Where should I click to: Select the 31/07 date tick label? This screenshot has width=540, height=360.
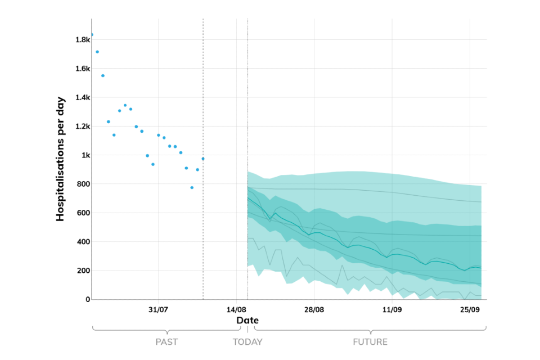[159, 309]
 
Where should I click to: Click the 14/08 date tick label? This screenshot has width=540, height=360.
[236, 309]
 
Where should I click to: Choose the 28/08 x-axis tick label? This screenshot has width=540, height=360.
[314, 309]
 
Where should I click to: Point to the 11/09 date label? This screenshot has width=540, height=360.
[391, 309]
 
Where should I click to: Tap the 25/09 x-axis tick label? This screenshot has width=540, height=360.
[469, 309]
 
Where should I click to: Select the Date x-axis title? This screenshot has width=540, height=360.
[247, 320]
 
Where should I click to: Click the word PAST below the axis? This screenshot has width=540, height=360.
[166, 341]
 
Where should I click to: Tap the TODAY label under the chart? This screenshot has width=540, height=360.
[247, 341]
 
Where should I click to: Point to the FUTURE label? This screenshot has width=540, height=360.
[370, 341]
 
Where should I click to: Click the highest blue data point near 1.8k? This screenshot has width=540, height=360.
[92, 35]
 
